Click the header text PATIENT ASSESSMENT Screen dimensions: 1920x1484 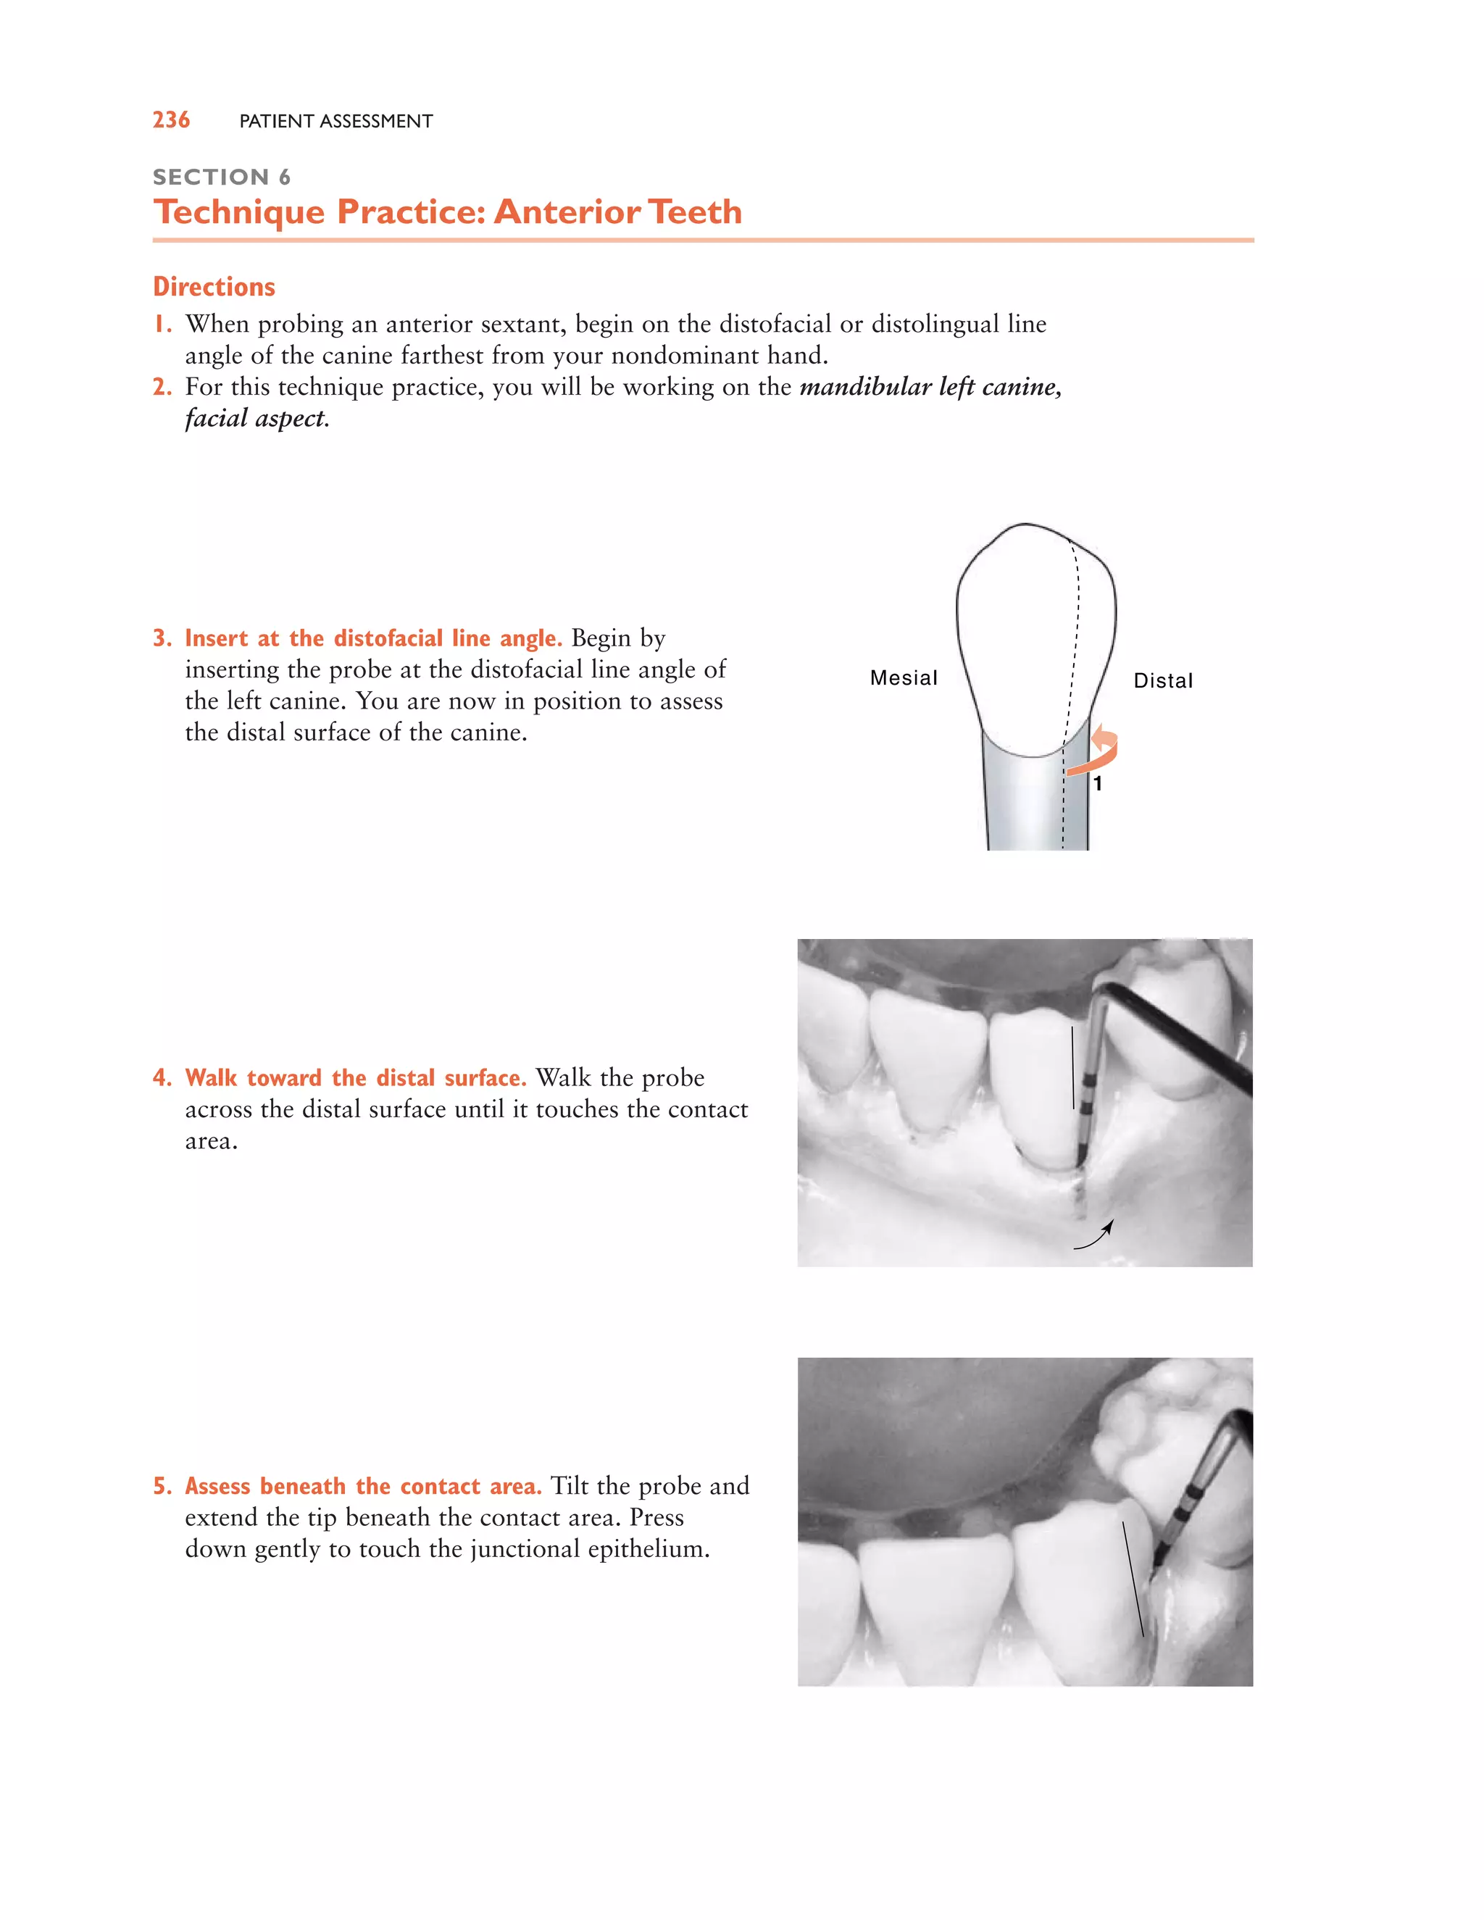335,121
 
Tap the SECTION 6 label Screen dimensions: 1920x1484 221,177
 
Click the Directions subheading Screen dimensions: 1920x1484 214,287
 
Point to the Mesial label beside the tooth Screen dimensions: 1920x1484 903,678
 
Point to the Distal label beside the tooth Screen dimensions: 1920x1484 1162,680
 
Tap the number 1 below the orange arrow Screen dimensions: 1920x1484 1097,783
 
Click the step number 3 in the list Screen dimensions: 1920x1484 161,638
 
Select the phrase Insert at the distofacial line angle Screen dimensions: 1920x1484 372,638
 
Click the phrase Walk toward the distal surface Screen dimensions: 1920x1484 355,1078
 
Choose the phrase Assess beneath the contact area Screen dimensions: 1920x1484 362,1486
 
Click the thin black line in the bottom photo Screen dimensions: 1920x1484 1133,1578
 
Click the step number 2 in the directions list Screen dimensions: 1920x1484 161,387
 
